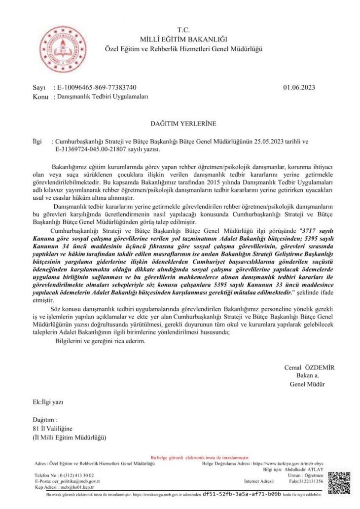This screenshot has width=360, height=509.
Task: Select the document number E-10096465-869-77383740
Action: click(x=97, y=88)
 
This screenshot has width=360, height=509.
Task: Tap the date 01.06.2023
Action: click(x=299, y=88)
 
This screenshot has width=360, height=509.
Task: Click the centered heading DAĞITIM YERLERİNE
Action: click(x=183, y=123)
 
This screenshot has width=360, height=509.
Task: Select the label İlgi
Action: click(x=37, y=141)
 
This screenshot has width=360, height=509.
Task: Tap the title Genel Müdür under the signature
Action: click(x=307, y=384)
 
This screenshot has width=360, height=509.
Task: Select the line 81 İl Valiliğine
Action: click(x=52, y=428)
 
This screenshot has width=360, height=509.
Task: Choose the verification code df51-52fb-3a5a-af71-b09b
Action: click(x=242, y=493)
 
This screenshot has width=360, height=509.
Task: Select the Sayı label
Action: click(x=39, y=88)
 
